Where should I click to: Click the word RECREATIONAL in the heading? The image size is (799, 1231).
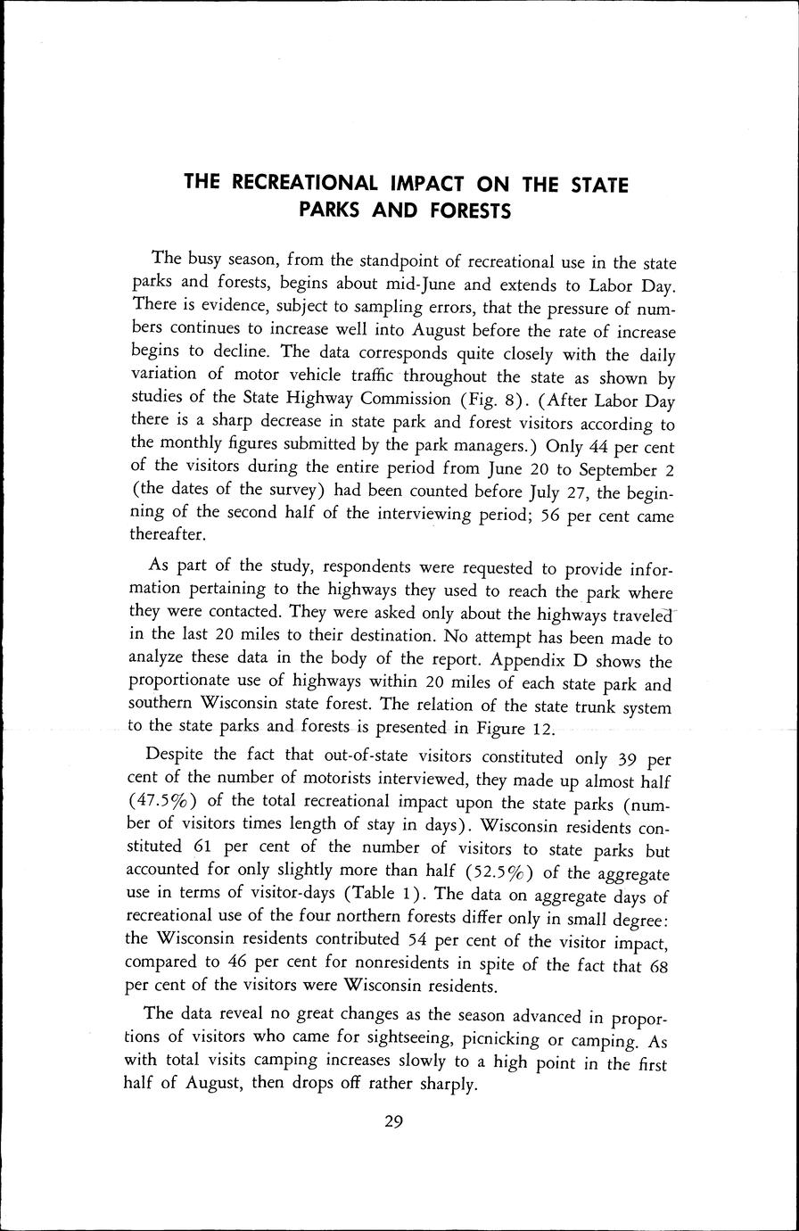pyautogui.click(x=303, y=184)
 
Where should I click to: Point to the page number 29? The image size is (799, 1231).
pyautogui.click(x=394, y=1122)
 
